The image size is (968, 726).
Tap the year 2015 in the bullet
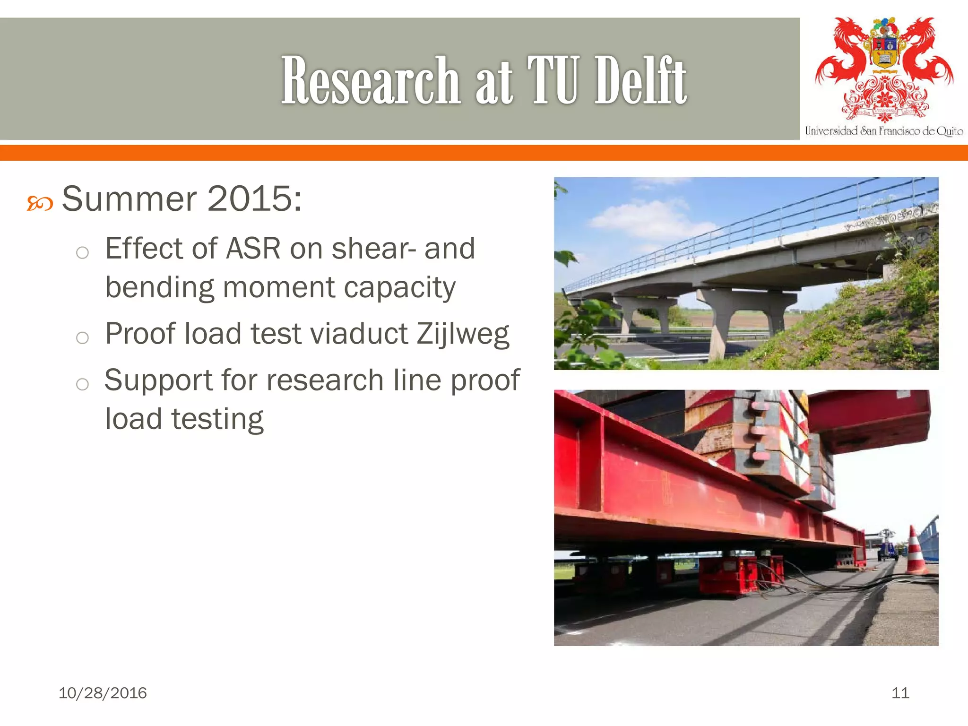[x=250, y=199]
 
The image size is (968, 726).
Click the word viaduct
[x=359, y=334]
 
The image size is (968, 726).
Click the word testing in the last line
[x=217, y=420]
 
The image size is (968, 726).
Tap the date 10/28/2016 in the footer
[x=103, y=693]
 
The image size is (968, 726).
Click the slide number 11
[x=900, y=693]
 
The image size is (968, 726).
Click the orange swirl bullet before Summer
[x=40, y=204]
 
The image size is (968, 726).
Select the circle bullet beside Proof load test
[x=82, y=337]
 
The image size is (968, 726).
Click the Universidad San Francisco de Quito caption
[x=884, y=131]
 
